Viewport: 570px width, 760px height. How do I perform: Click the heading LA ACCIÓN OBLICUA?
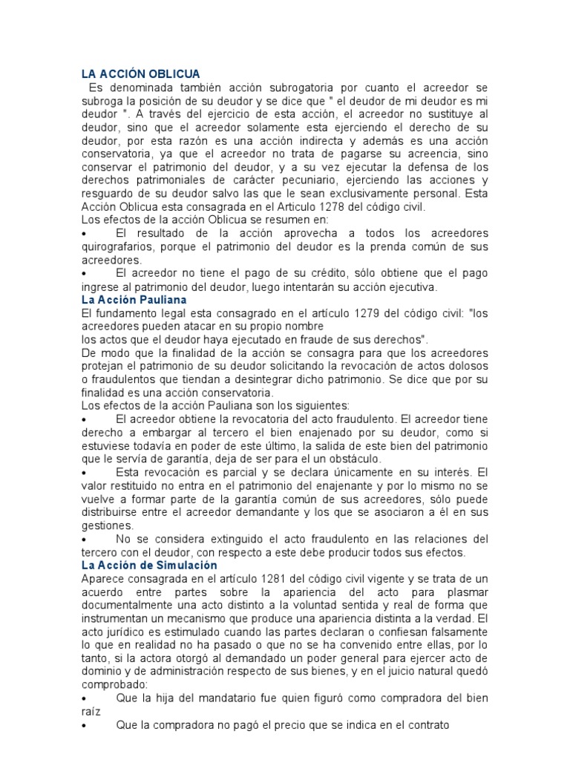click(x=140, y=73)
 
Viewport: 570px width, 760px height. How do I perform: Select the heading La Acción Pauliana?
click(x=134, y=300)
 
